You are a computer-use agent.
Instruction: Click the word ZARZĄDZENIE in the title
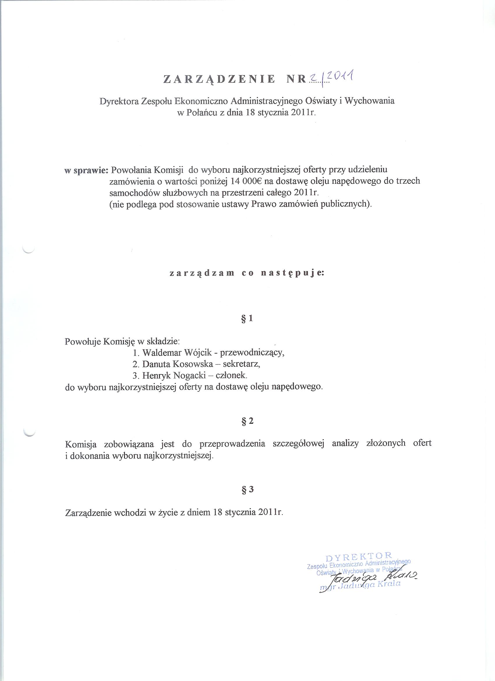219,79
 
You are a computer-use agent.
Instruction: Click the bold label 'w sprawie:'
86,170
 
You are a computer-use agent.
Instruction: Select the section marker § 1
247,319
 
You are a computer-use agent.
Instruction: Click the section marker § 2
247,421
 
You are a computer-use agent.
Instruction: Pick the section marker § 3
247,489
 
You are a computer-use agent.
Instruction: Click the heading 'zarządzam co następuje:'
247,273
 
